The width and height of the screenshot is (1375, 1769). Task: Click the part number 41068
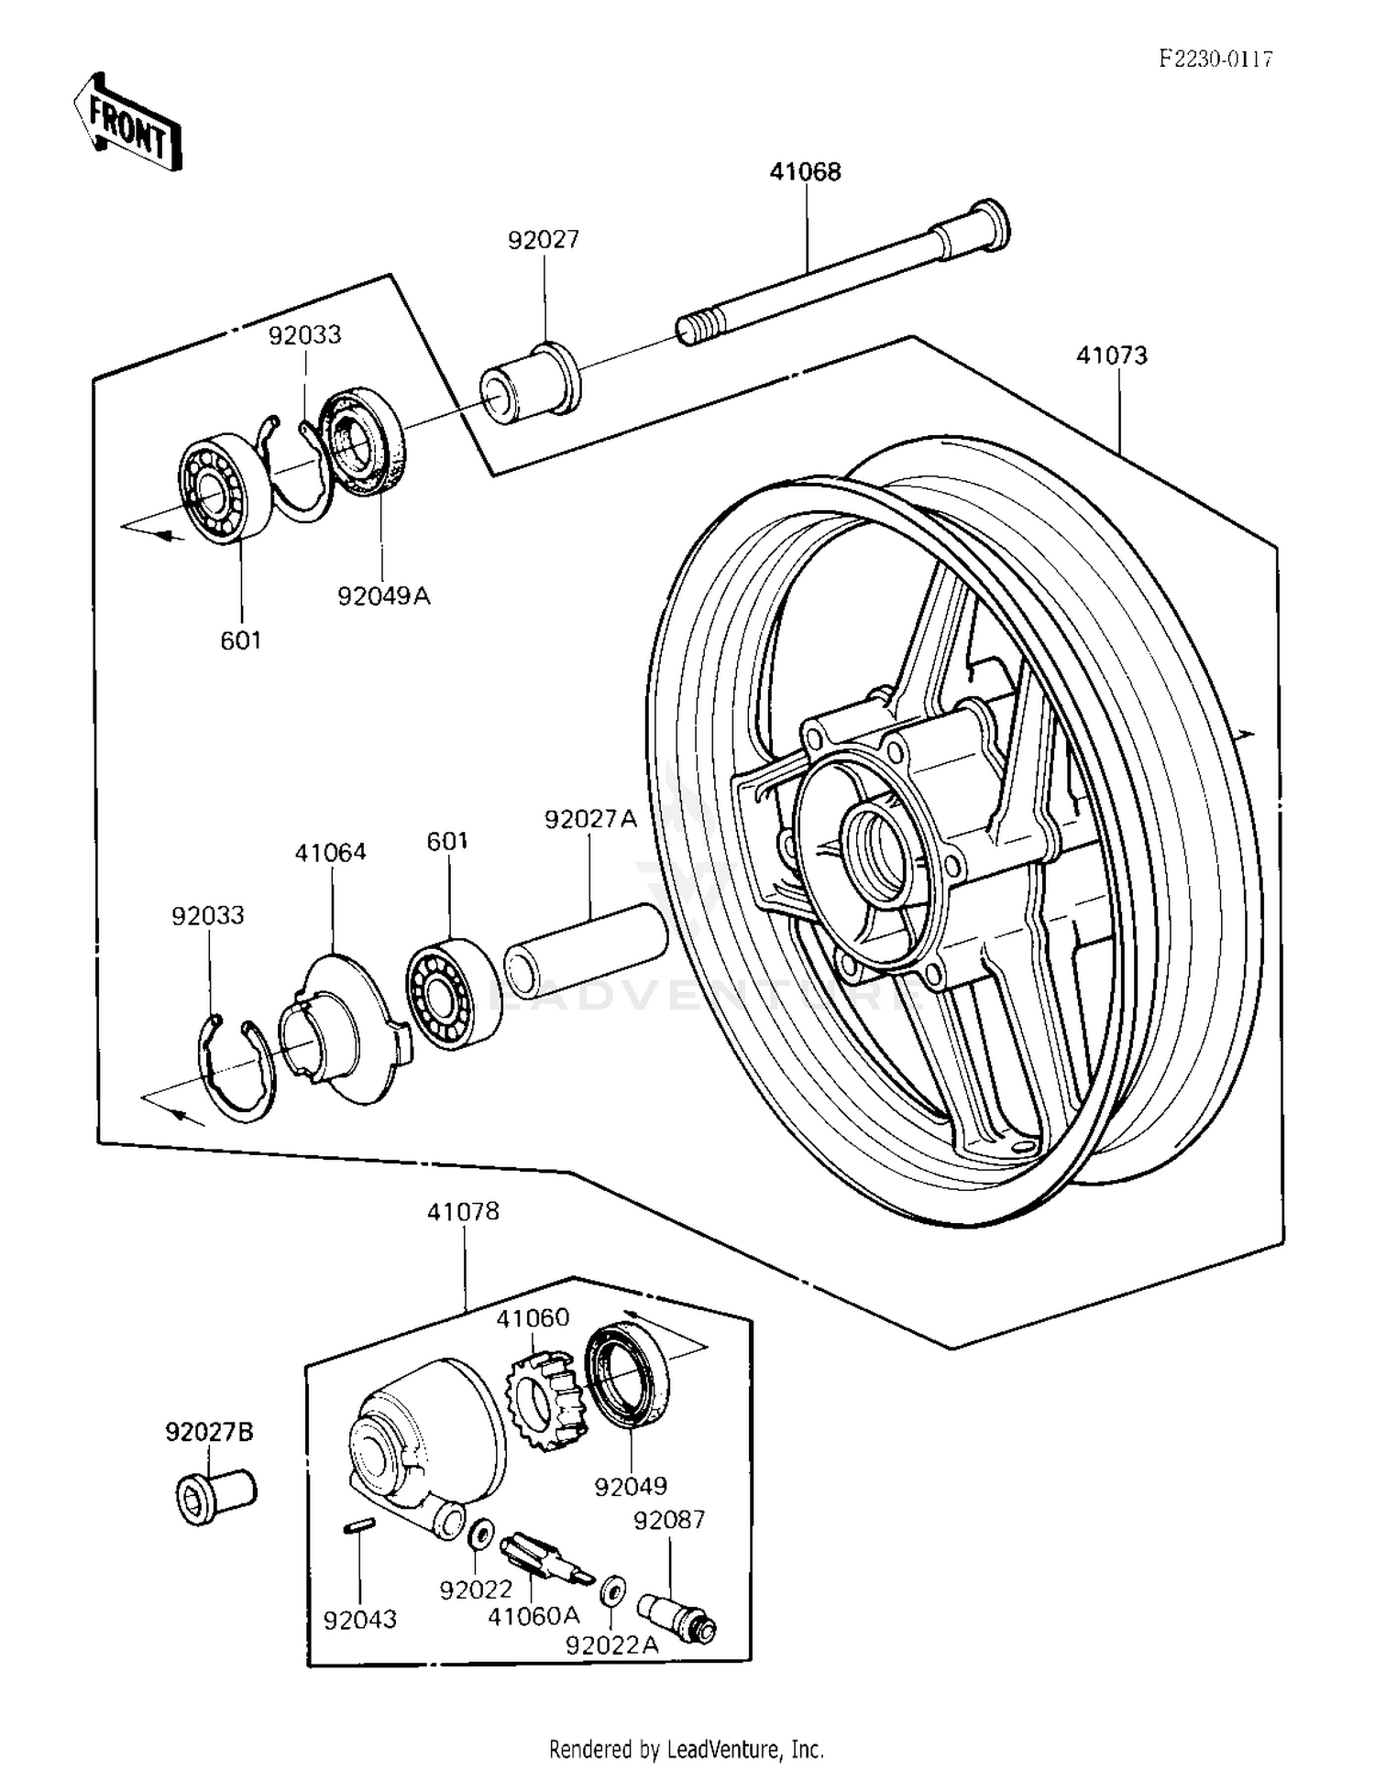(805, 171)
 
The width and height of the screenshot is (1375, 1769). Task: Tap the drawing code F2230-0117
(1215, 60)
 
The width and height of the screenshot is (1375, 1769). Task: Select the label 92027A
(590, 819)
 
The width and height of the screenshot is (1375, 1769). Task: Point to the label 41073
(1111, 355)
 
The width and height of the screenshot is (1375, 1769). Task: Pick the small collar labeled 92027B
(216, 1496)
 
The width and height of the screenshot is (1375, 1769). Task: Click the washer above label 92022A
(613, 1592)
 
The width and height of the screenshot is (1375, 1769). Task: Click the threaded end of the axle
(694, 328)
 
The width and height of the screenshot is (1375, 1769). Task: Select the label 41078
(463, 1212)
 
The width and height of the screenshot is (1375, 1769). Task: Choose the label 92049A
(383, 596)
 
